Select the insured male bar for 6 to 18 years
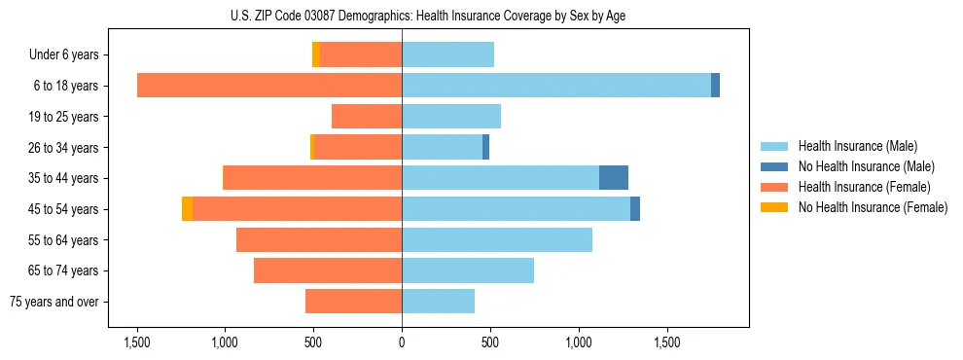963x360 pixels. click(x=556, y=86)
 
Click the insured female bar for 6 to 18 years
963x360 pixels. click(x=269, y=86)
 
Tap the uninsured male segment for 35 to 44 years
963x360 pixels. click(x=614, y=178)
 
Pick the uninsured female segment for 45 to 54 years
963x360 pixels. click(x=187, y=209)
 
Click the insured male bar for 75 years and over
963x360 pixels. click(x=438, y=302)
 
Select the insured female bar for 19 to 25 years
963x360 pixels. click(x=367, y=117)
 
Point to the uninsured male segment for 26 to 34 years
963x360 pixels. click(x=485, y=147)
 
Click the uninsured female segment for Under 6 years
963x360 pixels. click(x=316, y=54)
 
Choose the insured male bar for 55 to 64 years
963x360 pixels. click(x=497, y=239)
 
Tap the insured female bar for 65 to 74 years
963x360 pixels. click(x=328, y=270)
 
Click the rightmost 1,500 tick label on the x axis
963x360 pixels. click(x=667, y=342)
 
